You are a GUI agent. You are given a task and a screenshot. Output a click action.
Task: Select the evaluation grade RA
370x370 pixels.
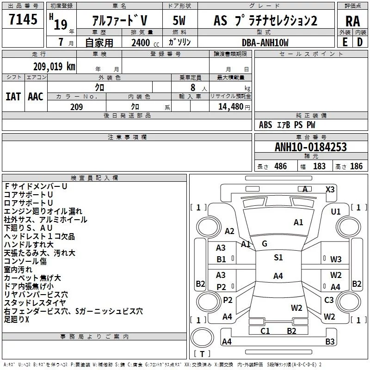[x=352, y=21]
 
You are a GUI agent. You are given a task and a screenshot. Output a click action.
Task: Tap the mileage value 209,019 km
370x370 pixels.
[x=54, y=66]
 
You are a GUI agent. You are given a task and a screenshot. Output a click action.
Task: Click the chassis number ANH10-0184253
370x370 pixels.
[x=310, y=147]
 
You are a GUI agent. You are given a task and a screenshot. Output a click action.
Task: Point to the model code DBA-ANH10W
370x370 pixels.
[x=265, y=43]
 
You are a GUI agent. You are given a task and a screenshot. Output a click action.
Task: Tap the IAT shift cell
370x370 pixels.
[x=13, y=96]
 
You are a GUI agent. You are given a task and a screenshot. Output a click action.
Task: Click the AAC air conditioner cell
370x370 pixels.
[x=36, y=96]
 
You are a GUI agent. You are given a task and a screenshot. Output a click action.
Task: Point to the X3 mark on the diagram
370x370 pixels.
[x=330, y=189]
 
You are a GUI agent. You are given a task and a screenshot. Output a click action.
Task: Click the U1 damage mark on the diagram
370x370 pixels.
[x=336, y=211]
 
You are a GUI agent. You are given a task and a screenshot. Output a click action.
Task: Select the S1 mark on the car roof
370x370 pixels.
[x=278, y=258]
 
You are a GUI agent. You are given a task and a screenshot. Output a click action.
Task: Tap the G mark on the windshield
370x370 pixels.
[x=264, y=244]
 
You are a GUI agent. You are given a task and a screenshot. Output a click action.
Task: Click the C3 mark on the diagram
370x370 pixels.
[x=329, y=300]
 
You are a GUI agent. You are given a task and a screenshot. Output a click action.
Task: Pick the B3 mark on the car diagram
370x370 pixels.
[x=330, y=342]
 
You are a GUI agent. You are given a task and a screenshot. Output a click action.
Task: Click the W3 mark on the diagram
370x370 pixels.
[x=336, y=259]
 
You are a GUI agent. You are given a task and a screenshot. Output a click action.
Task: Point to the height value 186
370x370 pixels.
[x=356, y=166]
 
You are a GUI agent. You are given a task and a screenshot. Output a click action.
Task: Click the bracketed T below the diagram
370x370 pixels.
[x=202, y=354]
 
